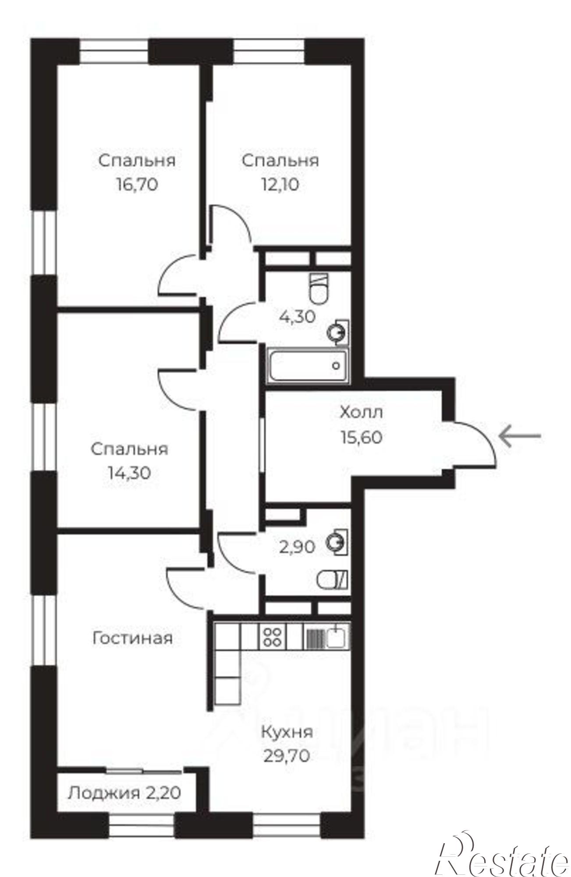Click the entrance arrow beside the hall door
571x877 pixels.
(520, 436)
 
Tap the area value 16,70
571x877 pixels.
(137, 185)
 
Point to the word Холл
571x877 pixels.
(362, 413)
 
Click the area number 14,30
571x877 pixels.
(129, 473)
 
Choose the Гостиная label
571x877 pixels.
(132, 638)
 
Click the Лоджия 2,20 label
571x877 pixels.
(125, 792)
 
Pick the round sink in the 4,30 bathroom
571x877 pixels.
(338, 332)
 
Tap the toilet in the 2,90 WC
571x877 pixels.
(332, 580)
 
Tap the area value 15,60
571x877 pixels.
(362, 437)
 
